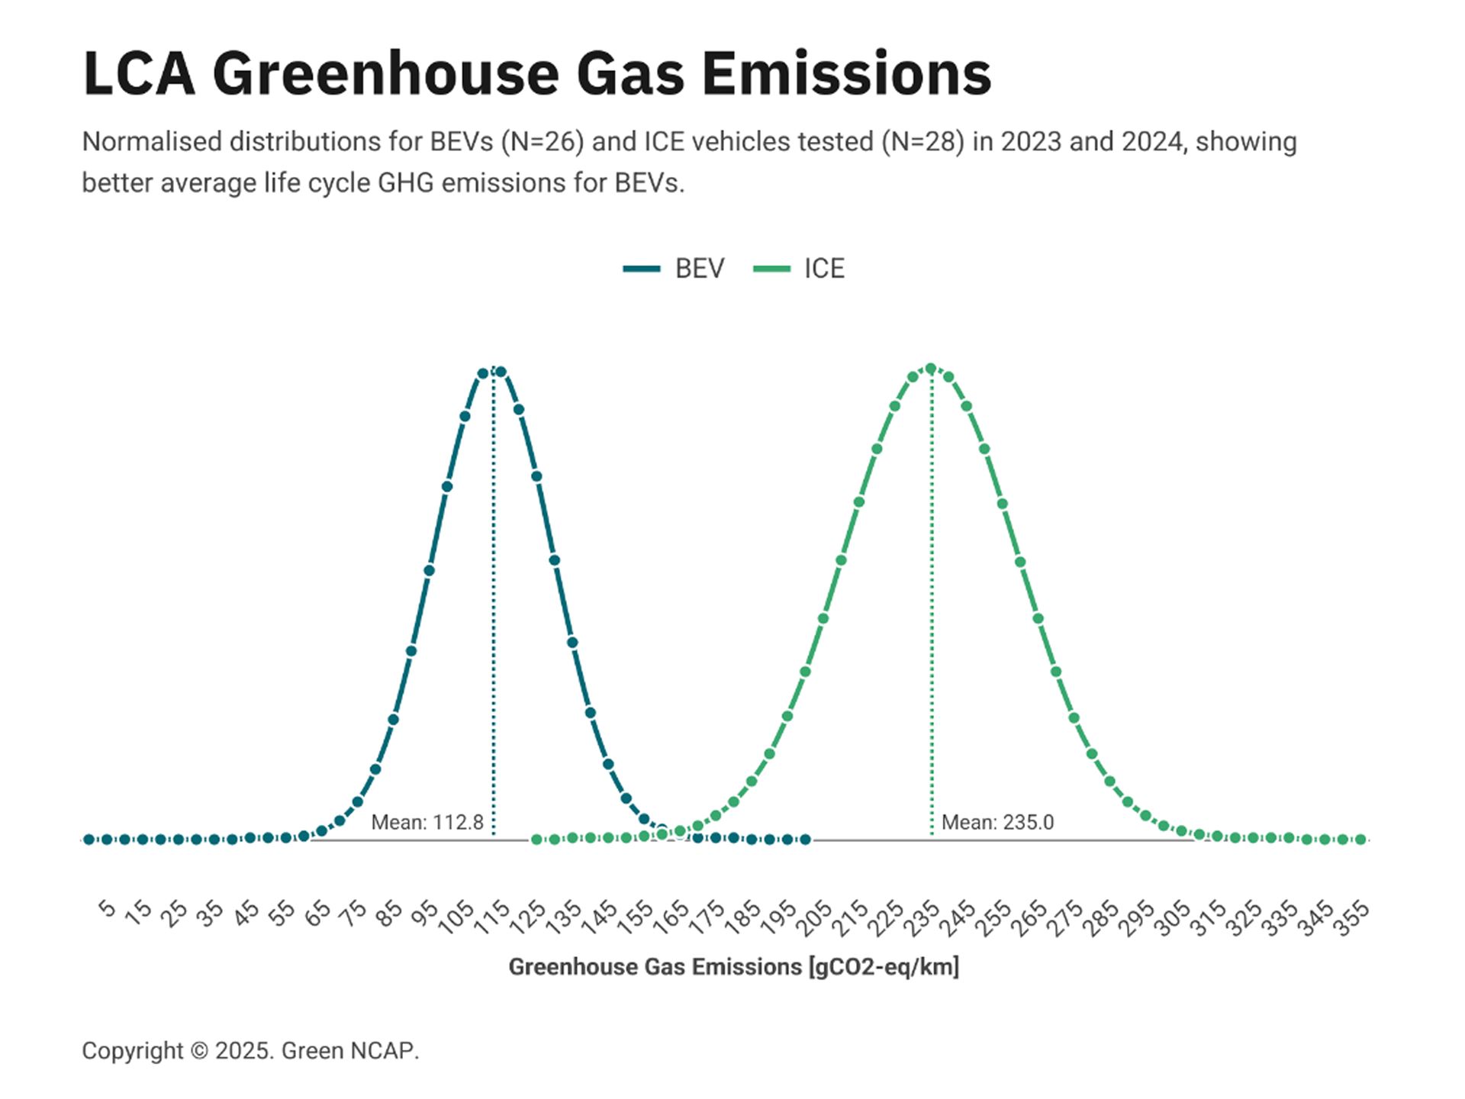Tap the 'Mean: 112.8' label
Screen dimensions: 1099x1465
pos(427,822)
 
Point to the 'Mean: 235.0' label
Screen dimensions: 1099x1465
pos(997,822)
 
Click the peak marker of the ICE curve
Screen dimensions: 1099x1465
pos(930,369)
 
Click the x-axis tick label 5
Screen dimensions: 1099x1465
pos(107,908)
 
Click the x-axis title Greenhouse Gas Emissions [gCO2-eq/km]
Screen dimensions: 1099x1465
pos(733,967)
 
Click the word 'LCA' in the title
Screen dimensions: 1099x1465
pos(138,74)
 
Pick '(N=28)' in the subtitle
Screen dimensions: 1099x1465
pos(922,142)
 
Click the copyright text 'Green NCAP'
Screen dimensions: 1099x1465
pos(348,1051)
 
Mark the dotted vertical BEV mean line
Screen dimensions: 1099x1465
pos(494,611)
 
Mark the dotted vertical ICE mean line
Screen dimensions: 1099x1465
pos(932,611)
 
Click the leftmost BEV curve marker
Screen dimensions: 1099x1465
pos(89,840)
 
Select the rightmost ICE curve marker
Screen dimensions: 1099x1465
pos(1360,840)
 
